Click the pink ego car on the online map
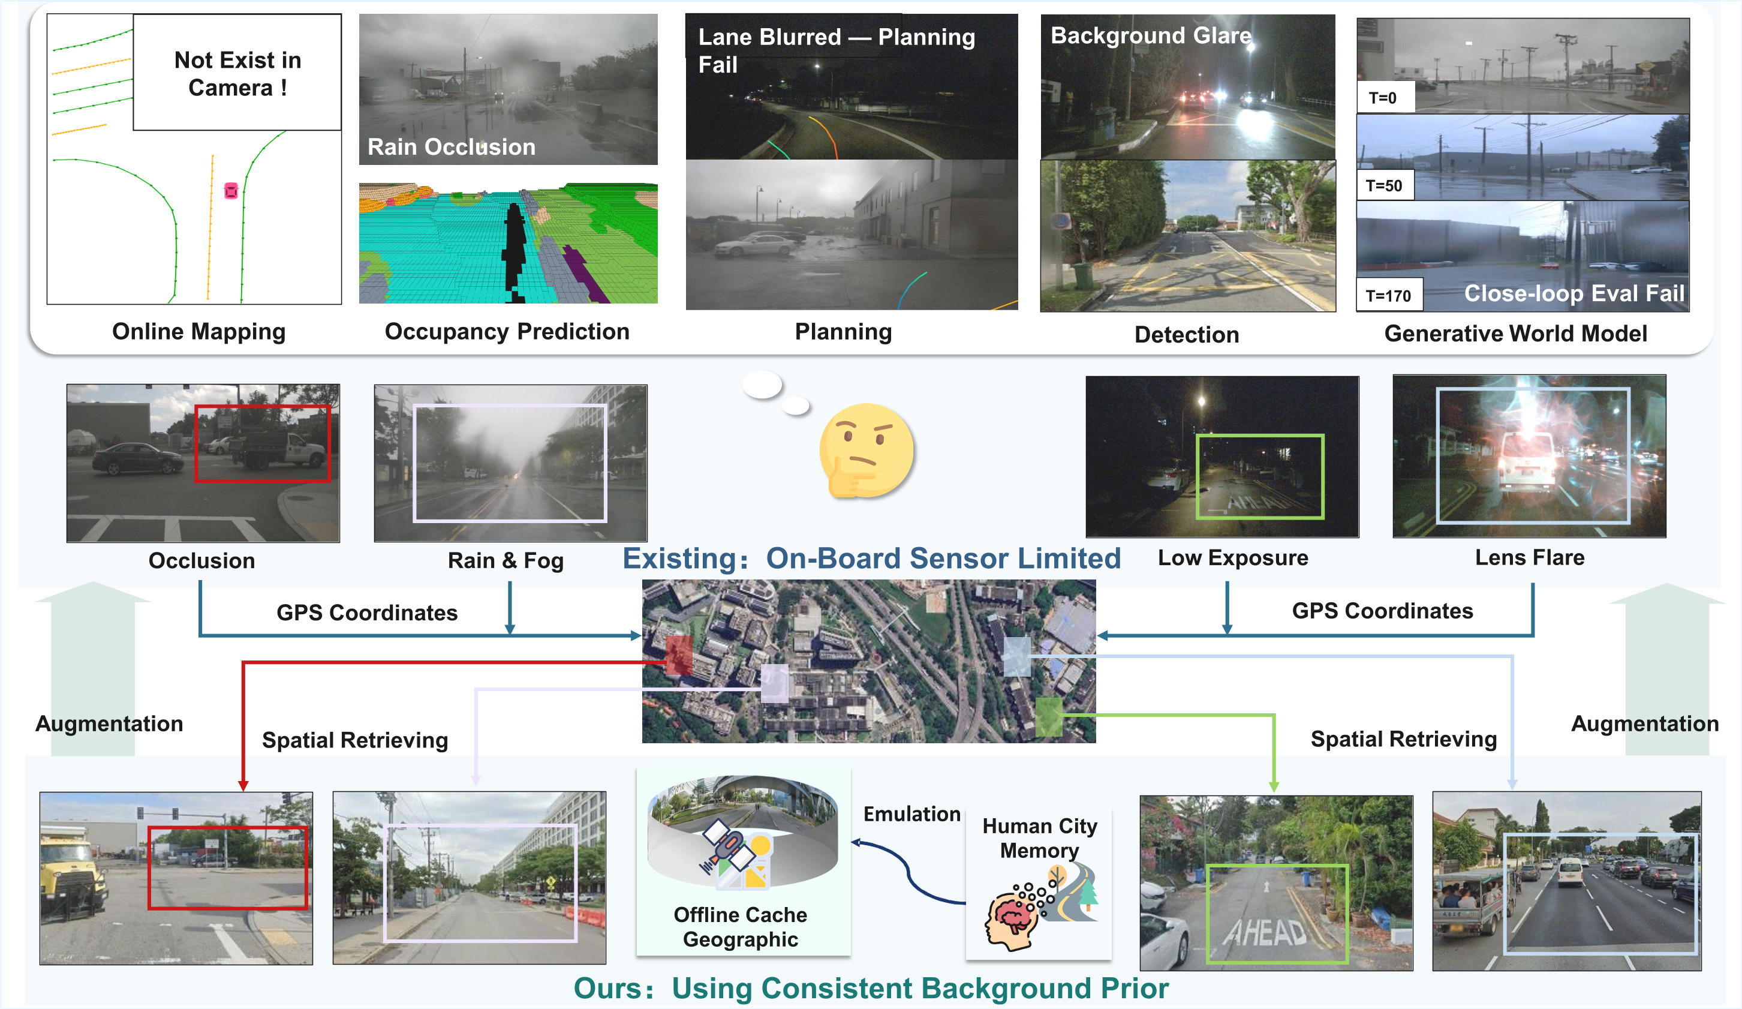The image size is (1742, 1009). (231, 190)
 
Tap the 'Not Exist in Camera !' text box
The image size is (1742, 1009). (237, 73)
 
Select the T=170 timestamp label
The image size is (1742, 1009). (1388, 296)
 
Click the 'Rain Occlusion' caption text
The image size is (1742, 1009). (451, 146)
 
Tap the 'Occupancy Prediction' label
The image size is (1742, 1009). (507, 331)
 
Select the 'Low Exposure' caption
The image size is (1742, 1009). (1232, 557)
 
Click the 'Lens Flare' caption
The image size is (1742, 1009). (1529, 557)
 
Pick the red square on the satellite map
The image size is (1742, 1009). (678, 655)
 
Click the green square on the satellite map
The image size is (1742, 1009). (1048, 716)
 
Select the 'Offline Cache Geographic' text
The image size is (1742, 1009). (741, 927)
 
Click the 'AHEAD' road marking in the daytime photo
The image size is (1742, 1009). (1266, 932)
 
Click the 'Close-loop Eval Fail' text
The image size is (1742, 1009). (1573, 293)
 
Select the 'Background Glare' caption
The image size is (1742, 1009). (1151, 35)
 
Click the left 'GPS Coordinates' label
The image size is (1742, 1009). (366, 612)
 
